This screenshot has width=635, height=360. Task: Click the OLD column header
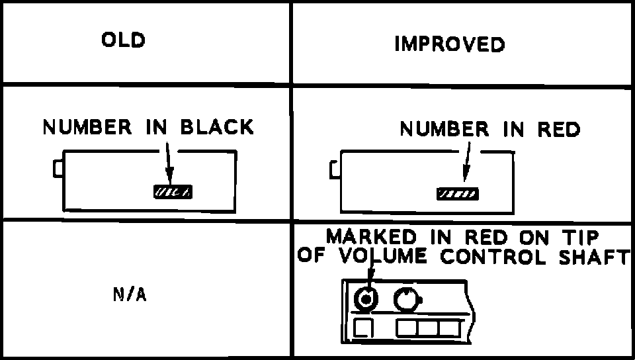123,40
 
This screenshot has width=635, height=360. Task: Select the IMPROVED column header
450,44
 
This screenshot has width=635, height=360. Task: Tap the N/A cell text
129,295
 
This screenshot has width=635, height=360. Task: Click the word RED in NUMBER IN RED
558,130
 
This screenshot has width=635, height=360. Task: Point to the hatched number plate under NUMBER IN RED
457,194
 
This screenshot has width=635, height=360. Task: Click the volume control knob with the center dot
364,300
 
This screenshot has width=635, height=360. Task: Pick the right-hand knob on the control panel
406,300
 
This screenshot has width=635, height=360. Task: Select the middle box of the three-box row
427,328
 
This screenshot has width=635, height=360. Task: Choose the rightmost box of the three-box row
449,328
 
